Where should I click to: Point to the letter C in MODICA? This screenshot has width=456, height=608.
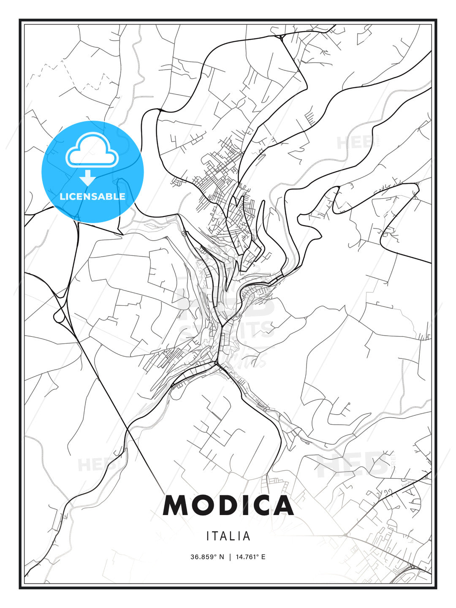tap(261, 505)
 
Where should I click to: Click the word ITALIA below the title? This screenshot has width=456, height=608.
tap(228, 536)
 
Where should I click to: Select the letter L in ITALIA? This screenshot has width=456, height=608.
tap(233, 536)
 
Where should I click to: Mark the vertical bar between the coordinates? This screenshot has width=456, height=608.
tap(230, 557)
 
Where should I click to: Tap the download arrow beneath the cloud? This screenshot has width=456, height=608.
tap(88, 177)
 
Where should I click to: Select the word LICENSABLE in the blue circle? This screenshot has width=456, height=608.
tap(92, 196)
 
